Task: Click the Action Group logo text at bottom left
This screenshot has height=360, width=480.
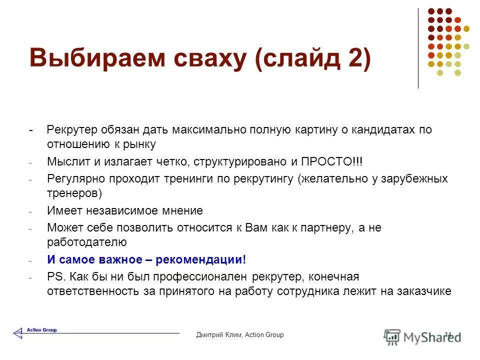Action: click(x=42, y=330)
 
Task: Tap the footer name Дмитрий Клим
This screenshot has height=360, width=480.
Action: click(x=219, y=335)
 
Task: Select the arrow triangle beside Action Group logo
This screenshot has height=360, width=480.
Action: click(x=18, y=332)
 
